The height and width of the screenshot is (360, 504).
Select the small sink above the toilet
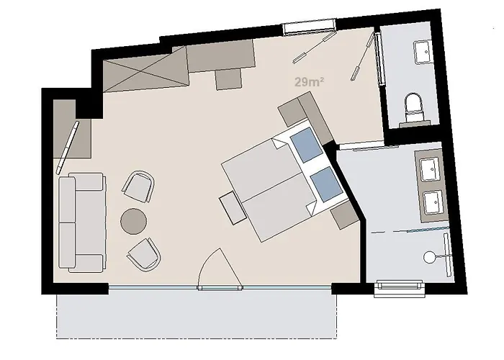click(421, 52)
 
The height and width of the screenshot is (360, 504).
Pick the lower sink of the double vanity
click(432, 202)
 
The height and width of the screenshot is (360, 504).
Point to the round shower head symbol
click(430, 255)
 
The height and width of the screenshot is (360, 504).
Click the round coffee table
click(134, 220)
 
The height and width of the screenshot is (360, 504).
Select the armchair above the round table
click(139, 186)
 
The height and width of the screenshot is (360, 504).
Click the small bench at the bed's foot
click(233, 208)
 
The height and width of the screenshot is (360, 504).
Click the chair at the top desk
click(229, 77)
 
